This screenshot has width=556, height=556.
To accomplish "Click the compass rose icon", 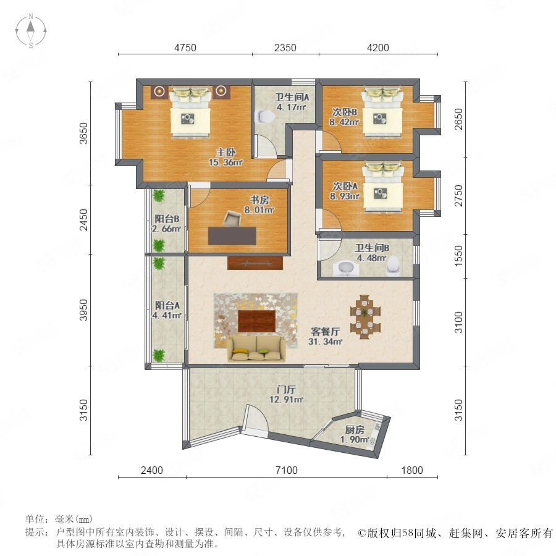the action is (31, 31).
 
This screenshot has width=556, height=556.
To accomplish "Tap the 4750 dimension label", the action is (185, 48).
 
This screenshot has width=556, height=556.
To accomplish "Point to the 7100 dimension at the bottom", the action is (287, 470).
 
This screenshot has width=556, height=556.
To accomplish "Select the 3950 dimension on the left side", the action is (83, 310).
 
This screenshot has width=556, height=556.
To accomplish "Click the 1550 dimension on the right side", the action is (458, 256).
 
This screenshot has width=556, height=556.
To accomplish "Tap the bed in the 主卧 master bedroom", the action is (190, 112).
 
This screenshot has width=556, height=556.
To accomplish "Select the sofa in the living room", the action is (256, 349).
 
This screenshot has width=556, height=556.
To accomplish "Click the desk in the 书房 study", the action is (232, 236).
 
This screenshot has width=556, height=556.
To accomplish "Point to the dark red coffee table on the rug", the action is (257, 321).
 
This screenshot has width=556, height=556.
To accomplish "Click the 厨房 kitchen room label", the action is (355, 430).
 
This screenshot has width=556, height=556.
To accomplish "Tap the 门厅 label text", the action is (286, 389).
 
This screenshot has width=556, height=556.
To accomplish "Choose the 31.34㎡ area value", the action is (325, 342).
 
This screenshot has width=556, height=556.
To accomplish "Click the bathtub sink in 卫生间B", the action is (346, 268).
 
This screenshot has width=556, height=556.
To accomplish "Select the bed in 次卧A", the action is (382, 187).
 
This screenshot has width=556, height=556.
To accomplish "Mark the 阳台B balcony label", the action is (167, 219).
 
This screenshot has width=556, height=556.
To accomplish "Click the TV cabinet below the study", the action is (255, 263).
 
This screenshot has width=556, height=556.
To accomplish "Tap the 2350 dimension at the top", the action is (285, 48).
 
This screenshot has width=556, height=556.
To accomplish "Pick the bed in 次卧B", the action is (382, 112).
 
